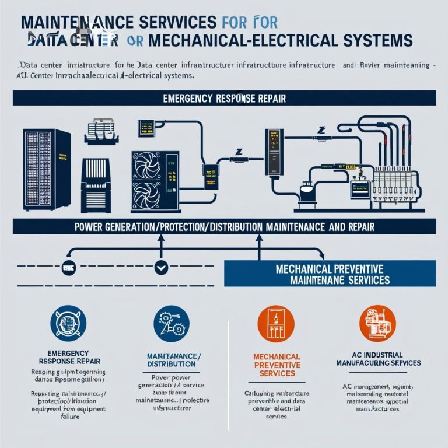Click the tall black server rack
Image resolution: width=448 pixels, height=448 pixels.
[46, 169]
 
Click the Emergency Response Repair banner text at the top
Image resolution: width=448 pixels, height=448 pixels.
[224, 98]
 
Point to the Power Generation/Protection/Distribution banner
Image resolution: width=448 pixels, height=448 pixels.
[224, 226]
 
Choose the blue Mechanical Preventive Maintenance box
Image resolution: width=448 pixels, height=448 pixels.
[330, 275]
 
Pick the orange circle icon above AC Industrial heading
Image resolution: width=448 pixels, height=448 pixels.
[373, 324]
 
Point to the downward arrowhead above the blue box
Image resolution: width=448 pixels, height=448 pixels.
[322, 254]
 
